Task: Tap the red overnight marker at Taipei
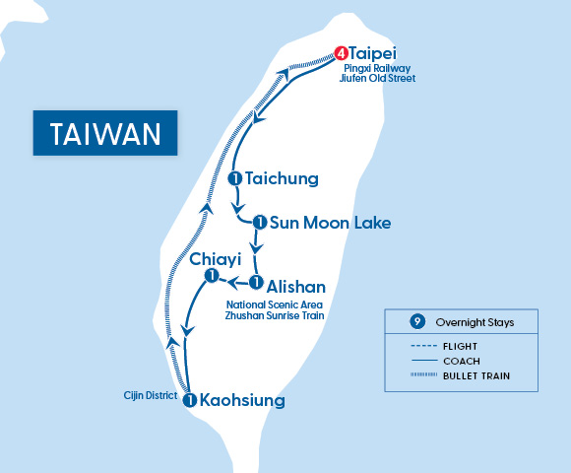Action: point(341,53)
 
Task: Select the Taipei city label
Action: point(375,53)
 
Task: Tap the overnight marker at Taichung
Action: point(234,178)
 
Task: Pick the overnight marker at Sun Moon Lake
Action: point(259,223)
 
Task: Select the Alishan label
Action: point(295,285)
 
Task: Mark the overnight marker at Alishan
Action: point(256,284)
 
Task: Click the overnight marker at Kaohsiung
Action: point(190,401)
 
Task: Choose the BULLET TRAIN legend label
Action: point(476,375)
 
